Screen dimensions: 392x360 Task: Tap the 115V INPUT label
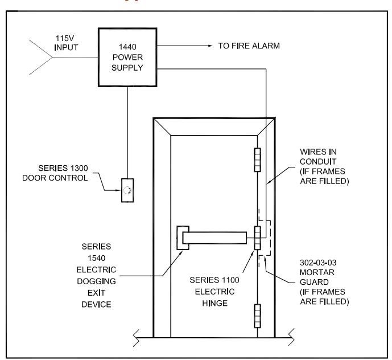tap(66, 43)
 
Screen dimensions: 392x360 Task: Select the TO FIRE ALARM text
tap(249, 46)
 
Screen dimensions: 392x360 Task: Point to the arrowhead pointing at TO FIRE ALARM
tap(210, 46)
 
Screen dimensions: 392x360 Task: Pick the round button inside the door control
tap(127, 190)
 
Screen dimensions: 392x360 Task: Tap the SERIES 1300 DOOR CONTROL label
tap(55, 173)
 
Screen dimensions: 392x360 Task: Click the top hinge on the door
tap(258, 160)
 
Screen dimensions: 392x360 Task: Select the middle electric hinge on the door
tap(258, 238)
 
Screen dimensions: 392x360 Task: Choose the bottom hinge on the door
tap(258, 316)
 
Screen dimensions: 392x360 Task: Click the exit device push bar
tap(214, 238)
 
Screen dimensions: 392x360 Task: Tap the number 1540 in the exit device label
tap(96, 258)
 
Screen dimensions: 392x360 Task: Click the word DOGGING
tap(96, 281)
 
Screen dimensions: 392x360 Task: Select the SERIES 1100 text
tap(214, 280)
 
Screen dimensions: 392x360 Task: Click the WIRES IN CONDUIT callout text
tap(324, 166)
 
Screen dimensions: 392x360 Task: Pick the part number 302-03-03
tap(318, 263)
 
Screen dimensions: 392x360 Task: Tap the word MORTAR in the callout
tap(317, 272)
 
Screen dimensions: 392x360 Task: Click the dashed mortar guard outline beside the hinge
tap(270, 238)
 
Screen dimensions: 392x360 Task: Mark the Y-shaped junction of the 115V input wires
tap(52, 58)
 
